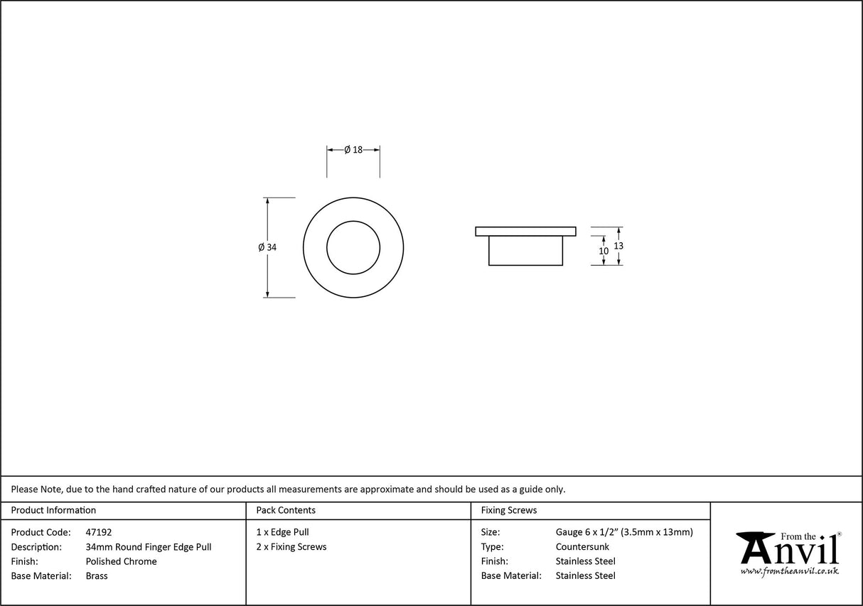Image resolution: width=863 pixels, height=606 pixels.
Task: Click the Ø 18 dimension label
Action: click(353, 149)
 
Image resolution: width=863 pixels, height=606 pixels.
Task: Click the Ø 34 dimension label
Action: click(267, 247)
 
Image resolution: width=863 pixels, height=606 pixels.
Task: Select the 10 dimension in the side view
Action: click(604, 251)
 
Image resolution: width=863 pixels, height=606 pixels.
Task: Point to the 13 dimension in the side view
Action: click(618, 246)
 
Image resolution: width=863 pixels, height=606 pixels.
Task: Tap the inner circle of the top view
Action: click(353, 247)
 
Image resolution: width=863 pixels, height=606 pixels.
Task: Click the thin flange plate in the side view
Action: click(525, 231)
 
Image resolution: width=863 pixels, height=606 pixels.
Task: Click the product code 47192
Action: click(98, 532)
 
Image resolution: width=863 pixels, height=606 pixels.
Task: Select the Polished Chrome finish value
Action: click(121, 561)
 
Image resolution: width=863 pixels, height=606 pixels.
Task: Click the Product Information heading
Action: click(53, 510)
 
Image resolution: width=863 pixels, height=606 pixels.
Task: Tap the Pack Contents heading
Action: click(286, 510)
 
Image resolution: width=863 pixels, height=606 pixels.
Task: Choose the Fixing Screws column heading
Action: click(509, 510)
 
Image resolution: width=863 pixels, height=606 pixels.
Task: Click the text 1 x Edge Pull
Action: click(283, 532)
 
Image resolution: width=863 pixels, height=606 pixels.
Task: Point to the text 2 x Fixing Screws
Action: click(291, 547)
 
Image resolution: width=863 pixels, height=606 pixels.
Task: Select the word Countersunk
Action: click(582, 547)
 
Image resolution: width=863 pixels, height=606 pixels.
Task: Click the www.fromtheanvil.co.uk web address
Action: click(789, 570)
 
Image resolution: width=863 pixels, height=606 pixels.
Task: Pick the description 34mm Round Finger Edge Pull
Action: click(148, 547)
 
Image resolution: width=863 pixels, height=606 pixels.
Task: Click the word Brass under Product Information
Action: click(97, 576)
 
